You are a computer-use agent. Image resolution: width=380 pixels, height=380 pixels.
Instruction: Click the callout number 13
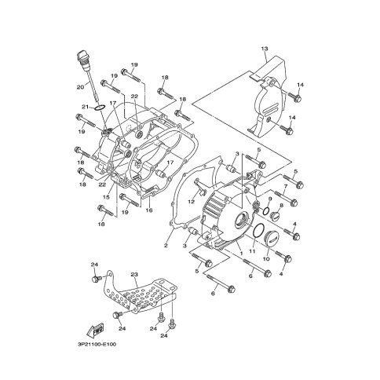265,49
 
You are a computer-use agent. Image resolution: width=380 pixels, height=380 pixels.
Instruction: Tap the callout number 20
80,86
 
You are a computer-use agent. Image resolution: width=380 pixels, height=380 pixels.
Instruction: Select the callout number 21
85,107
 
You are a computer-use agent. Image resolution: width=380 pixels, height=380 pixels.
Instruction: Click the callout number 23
134,274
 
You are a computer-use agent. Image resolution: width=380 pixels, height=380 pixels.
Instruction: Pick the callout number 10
266,259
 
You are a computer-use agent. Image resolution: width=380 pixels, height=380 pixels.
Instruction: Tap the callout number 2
166,246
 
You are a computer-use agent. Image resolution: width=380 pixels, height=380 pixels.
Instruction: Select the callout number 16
149,210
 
